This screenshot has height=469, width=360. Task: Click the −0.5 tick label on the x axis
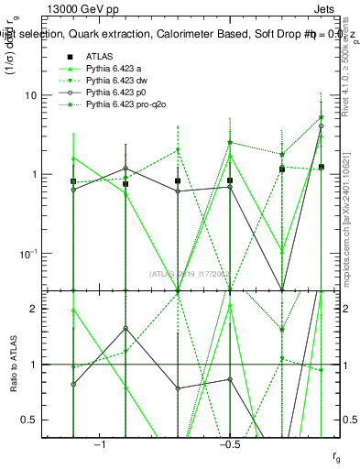(x=229, y=444)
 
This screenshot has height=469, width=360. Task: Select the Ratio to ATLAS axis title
(x=13, y=365)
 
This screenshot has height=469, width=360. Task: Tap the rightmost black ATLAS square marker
(x=321, y=167)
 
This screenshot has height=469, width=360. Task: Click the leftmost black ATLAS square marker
(x=73, y=181)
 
